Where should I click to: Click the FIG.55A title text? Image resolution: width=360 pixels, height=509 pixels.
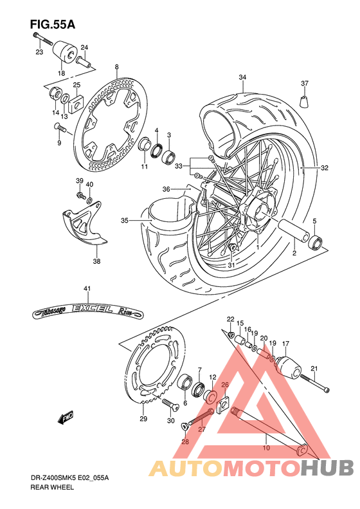pos(52,24)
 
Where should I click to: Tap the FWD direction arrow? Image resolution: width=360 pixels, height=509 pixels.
pos(66,419)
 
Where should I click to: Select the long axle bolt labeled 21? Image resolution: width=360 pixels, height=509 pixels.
pos(314,384)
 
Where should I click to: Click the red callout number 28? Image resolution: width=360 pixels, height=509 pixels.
pos(184,442)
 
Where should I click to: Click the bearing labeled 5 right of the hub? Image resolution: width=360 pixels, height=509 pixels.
pos(315,243)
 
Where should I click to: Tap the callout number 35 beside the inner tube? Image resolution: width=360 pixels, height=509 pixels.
pos(124,221)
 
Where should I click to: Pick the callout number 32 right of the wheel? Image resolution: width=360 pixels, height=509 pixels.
pos(325,168)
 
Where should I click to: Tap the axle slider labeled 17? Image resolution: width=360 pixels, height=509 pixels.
pos(285,367)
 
